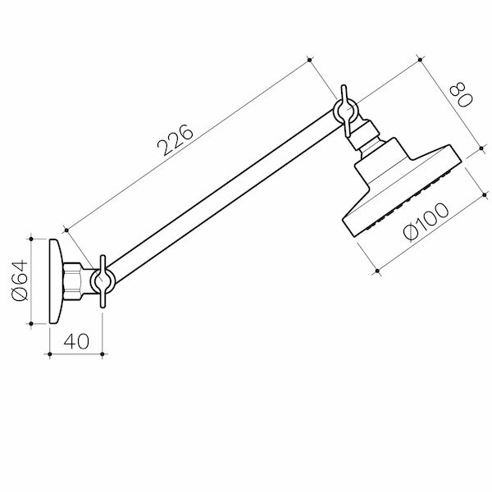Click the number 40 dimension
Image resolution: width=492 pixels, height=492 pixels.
(x=75, y=341)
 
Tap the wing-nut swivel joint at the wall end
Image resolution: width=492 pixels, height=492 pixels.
(x=102, y=281)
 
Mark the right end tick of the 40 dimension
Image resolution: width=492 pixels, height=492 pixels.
(x=102, y=354)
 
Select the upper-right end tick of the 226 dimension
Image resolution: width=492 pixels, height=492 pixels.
(x=309, y=59)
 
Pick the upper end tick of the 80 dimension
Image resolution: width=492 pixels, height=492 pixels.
(x=420, y=59)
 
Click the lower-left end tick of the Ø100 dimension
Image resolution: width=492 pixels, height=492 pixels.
(x=376, y=269)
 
